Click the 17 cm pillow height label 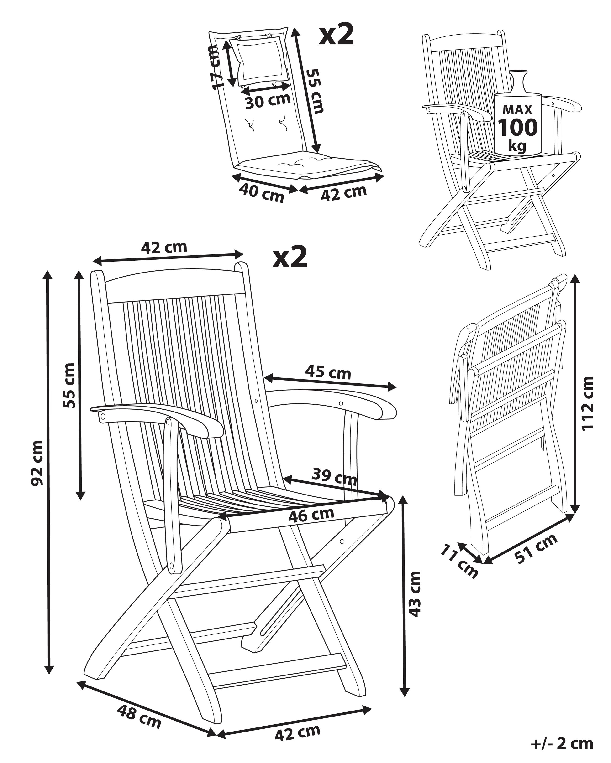tap(215, 67)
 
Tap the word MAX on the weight tap(517, 110)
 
